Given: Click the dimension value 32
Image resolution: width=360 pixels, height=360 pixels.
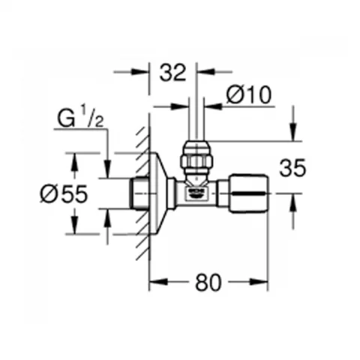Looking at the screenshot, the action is (173, 73).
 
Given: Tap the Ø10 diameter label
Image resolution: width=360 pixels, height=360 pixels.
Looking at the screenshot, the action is (249, 94).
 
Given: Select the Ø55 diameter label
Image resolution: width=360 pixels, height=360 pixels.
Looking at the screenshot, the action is (64, 193).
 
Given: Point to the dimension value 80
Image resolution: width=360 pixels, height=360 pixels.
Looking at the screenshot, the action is (208, 282).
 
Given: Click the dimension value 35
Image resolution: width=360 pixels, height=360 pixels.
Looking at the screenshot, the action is (292, 168).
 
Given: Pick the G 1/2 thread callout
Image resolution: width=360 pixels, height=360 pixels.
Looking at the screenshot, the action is (80, 118).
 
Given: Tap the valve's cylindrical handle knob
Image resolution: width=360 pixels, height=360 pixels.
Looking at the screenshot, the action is (250, 193).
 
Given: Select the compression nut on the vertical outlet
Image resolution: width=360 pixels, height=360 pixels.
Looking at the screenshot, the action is (196, 157).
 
